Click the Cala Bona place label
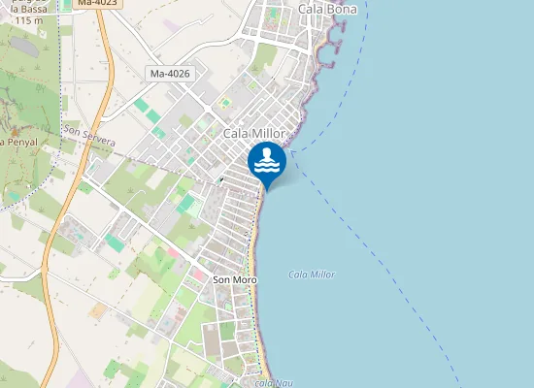pos(327,9)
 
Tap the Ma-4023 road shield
pos(97,3)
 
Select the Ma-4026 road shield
pos(170,74)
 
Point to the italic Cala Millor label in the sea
pos(312,275)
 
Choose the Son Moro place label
pos(233,279)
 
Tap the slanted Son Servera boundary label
pos(88,135)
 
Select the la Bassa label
pos(27,9)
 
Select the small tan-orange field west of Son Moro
pos(97,310)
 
